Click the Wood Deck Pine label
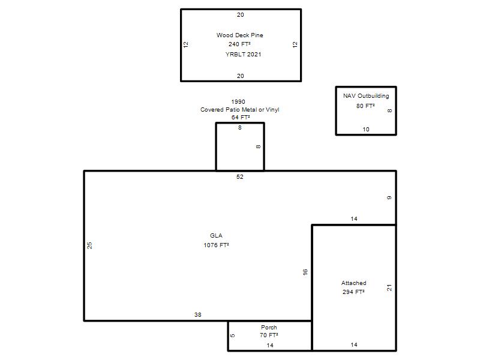239,35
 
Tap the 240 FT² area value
239,44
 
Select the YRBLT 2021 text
244,55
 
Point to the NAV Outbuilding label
366,96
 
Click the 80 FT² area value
365,106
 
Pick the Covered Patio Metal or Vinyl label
239,110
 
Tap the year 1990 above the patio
238,101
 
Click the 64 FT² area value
241,117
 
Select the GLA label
216,235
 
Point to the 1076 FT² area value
217,245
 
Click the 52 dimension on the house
240,176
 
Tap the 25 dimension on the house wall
89,245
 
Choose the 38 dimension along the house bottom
198,314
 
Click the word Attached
354,283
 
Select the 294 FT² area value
353,292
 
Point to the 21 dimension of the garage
389,288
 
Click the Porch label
269,327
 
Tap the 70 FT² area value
269,335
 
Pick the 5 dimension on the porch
233,335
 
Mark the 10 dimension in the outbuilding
366,129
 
